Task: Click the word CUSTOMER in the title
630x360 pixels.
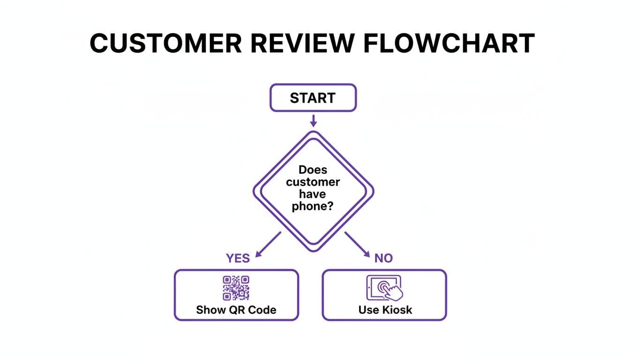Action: pyautogui.click(x=166, y=43)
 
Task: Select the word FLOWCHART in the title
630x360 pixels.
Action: pyautogui.click(x=450, y=43)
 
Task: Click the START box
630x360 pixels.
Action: pyautogui.click(x=313, y=98)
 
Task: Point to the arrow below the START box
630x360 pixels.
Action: pyautogui.click(x=314, y=121)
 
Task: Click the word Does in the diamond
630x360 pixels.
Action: pyautogui.click(x=313, y=170)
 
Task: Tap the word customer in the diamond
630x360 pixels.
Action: pyautogui.click(x=313, y=182)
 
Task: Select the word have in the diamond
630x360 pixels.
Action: pyautogui.click(x=313, y=194)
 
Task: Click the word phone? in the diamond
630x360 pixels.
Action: pyautogui.click(x=313, y=206)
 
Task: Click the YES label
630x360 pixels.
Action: pyautogui.click(x=238, y=258)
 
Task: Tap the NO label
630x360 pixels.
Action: pyautogui.click(x=383, y=258)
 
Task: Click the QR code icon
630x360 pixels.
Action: pyautogui.click(x=236, y=288)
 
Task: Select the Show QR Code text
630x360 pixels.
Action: pyautogui.click(x=236, y=310)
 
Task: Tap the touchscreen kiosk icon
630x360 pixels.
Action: pyautogui.click(x=384, y=288)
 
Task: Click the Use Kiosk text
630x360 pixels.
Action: pyautogui.click(x=385, y=310)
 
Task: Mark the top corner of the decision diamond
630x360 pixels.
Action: pyautogui.click(x=313, y=132)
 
